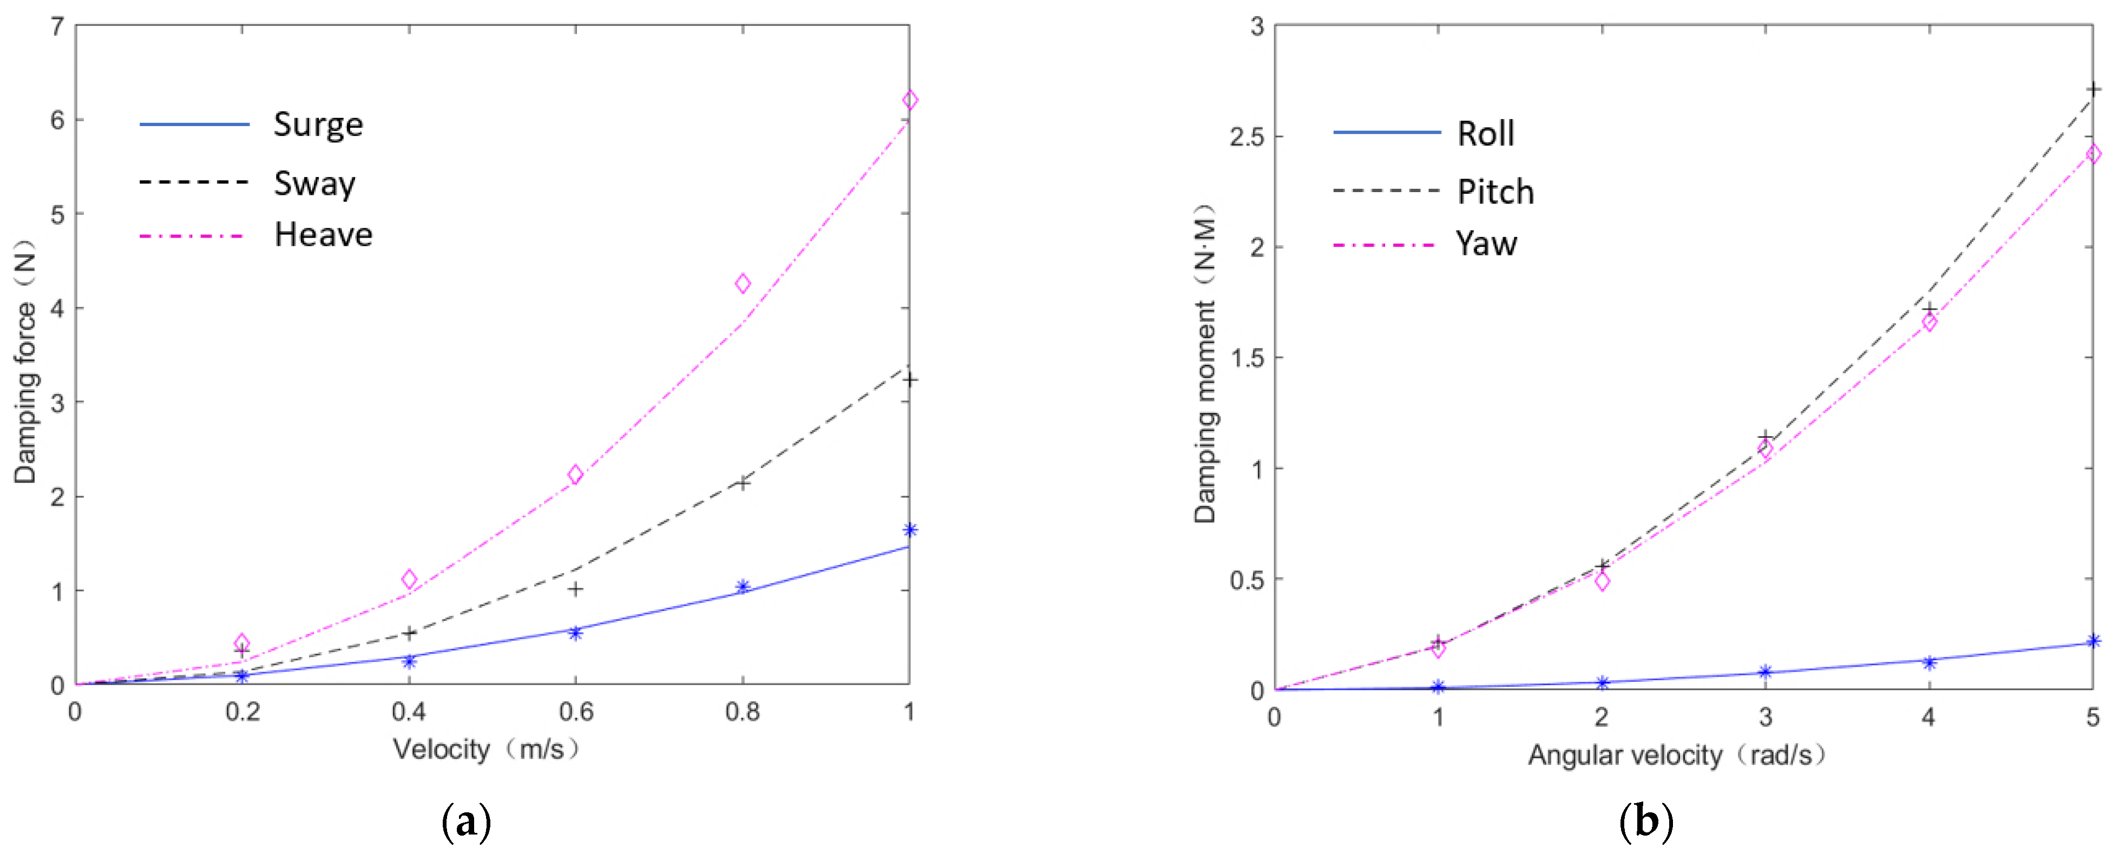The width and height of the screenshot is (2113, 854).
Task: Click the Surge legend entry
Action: click(318, 124)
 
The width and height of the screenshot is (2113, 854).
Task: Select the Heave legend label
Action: click(323, 235)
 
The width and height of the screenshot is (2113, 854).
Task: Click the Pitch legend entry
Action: click(1494, 192)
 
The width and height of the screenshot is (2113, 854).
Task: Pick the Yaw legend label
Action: click(1486, 244)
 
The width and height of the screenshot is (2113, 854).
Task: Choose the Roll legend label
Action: click(1485, 134)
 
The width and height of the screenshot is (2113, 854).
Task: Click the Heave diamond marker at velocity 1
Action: click(909, 100)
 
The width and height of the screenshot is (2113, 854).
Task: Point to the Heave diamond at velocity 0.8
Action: click(743, 284)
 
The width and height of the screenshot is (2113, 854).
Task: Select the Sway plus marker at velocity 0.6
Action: click(576, 589)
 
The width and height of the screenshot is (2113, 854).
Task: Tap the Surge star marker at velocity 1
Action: click(909, 530)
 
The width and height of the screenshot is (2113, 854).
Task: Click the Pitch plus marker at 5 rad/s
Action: click(2092, 89)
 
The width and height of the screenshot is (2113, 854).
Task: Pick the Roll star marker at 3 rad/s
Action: click(1765, 672)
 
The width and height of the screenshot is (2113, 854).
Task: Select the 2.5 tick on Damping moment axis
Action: click(1246, 137)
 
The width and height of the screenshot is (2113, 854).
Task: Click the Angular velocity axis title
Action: click(1676, 755)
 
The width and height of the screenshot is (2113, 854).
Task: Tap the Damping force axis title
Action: click(24, 361)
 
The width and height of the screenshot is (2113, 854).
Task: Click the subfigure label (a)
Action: click(466, 821)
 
